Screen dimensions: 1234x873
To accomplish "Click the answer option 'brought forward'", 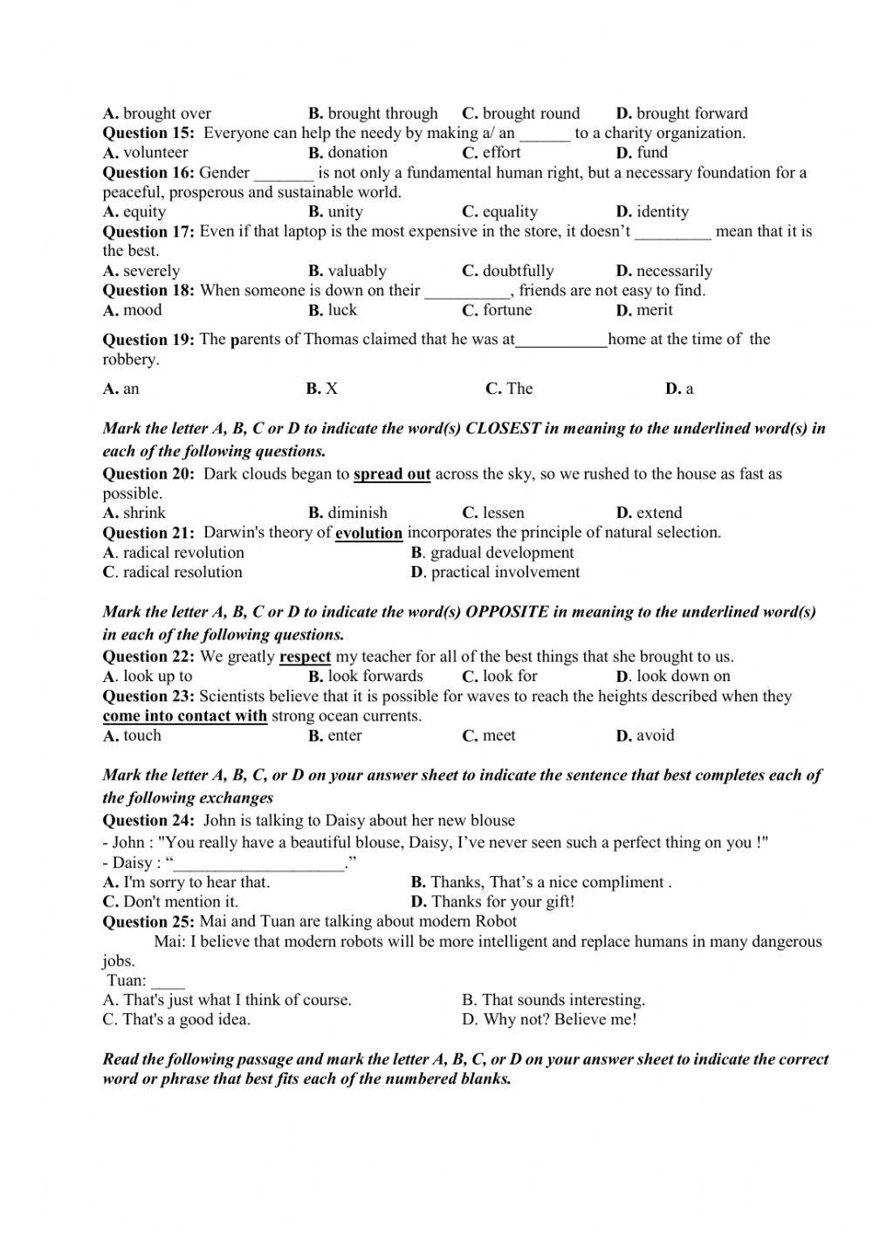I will [x=691, y=114].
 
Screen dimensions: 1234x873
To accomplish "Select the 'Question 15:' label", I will [x=149, y=133].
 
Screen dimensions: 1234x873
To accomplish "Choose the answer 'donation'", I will [x=357, y=153].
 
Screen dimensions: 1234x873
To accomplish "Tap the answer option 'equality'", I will [x=510, y=212].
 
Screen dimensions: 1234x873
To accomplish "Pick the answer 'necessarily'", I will [x=674, y=271].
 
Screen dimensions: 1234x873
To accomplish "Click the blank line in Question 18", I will [x=467, y=292].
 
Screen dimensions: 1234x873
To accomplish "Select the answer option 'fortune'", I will [x=506, y=310].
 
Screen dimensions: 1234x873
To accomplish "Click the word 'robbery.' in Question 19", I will [x=131, y=360].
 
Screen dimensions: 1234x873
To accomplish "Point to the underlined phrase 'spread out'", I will [x=392, y=474].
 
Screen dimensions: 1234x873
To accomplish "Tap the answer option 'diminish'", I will [x=357, y=513].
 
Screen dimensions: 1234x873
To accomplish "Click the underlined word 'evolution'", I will [x=368, y=533].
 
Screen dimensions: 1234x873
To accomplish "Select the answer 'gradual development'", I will [x=502, y=553].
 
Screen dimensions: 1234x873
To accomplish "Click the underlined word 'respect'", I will [x=305, y=657].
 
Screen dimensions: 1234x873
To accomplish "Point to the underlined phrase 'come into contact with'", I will [x=185, y=716].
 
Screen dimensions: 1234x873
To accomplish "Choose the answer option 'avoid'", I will [x=655, y=735].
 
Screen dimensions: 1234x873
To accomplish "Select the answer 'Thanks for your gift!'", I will [x=503, y=902].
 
